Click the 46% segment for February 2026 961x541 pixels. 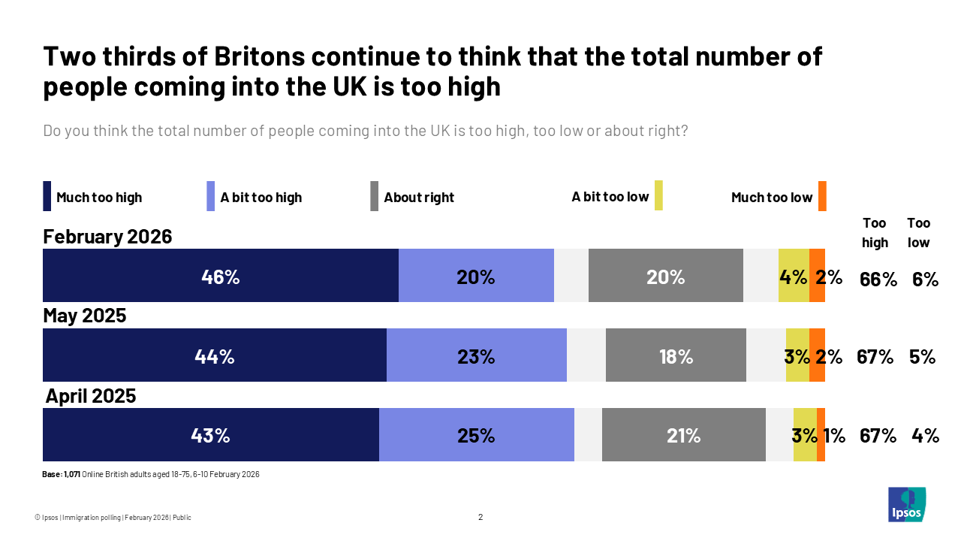[x=220, y=276]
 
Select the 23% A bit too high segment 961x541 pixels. [x=476, y=355]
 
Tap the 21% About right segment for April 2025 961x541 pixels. [x=683, y=435]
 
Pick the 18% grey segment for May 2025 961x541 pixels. [x=676, y=355]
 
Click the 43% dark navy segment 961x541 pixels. [x=210, y=435]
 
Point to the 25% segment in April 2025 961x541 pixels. [x=476, y=435]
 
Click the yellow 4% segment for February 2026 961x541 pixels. [x=794, y=276]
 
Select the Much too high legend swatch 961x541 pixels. [x=47, y=196]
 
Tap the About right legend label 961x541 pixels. [x=419, y=198]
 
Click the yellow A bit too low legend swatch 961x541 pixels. [x=658, y=196]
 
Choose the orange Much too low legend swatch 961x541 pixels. [x=822, y=196]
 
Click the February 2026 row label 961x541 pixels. [x=107, y=237]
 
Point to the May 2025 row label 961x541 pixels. [x=84, y=316]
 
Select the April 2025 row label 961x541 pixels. [x=91, y=396]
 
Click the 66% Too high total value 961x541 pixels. [x=878, y=280]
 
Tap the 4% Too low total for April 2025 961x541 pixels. [x=925, y=435]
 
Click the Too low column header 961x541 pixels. [x=918, y=232]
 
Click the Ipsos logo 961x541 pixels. [x=907, y=504]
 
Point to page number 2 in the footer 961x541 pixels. [x=480, y=517]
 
